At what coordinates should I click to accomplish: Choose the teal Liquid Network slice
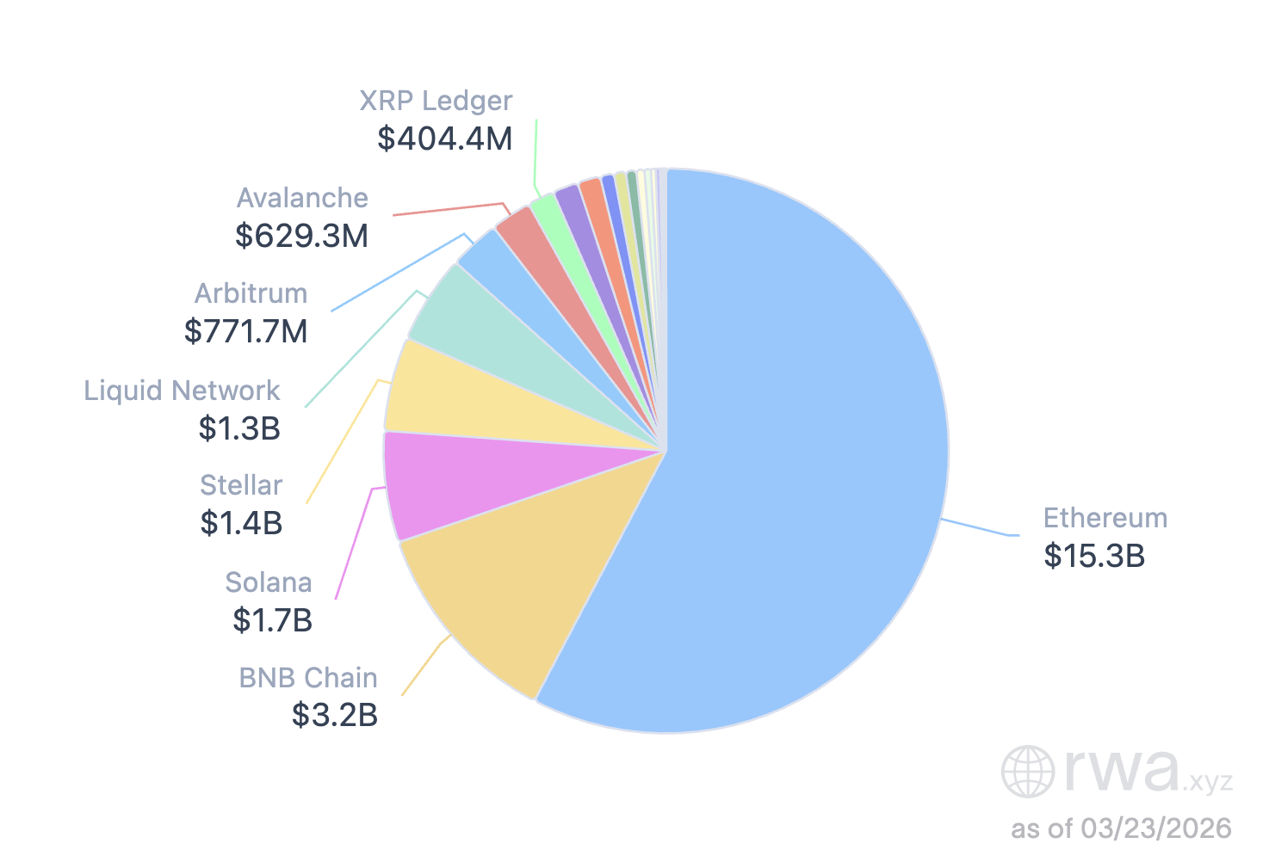coord(499,344)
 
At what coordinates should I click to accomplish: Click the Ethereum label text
coord(1105,518)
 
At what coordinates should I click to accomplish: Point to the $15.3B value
coord(1094,556)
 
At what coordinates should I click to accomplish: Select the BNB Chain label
coord(308,678)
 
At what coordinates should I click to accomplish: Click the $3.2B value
coord(335,715)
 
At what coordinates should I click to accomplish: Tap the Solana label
coord(269,582)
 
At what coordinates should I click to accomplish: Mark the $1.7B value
coord(272,619)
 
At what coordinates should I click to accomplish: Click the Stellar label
coord(241,485)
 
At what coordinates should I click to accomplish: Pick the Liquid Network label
coord(182,391)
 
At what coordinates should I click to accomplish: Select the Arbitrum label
coord(251,293)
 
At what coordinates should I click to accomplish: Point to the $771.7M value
coord(246,331)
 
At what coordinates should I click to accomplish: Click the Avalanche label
coord(302,198)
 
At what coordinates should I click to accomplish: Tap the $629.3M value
coord(301,235)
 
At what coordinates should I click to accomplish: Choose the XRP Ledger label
coord(436,101)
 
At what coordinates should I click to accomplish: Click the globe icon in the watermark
coord(1028,771)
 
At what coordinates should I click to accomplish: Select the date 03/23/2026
coord(1156,828)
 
